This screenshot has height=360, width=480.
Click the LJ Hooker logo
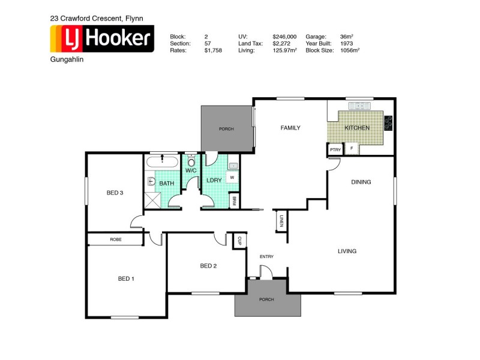(x=102, y=40)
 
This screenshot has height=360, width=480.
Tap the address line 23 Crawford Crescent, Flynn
(x=97, y=19)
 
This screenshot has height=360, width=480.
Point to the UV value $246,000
(x=284, y=37)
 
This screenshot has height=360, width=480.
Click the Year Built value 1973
(x=346, y=44)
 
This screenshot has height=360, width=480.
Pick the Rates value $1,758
(x=213, y=51)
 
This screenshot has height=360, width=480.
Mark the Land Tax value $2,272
(x=281, y=44)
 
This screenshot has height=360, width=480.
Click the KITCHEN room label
(x=357, y=128)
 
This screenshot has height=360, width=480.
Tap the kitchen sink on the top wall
(x=361, y=106)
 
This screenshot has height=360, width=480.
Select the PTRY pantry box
(x=335, y=149)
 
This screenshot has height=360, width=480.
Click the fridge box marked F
(x=351, y=149)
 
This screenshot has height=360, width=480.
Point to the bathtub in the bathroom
(x=162, y=162)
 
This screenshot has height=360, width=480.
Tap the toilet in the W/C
(x=191, y=161)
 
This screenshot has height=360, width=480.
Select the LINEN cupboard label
(x=280, y=221)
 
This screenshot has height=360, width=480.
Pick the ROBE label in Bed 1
(x=115, y=239)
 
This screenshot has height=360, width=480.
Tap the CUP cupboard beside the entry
(x=239, y=240)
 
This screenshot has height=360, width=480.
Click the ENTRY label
(x=266, y=257)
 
